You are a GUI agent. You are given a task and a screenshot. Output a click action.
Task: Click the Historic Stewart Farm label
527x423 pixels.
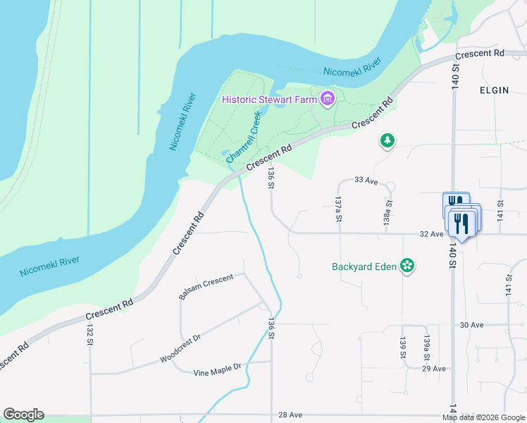click(270, 99)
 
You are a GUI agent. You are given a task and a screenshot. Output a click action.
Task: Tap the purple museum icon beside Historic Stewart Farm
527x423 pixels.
click(327, 99)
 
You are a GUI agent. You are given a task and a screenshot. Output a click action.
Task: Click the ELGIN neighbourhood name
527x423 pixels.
click(494, 90)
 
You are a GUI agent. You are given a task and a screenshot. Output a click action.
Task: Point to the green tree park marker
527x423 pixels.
click(387, 141)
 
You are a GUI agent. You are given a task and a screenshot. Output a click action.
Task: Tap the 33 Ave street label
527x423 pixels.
click(366, 181)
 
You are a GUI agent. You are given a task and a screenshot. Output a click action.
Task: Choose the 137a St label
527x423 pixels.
click(339, 209)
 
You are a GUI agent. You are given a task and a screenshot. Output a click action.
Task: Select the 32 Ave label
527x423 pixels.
click(430, 234)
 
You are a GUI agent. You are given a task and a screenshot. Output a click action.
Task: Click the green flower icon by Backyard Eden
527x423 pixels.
click(407, 266)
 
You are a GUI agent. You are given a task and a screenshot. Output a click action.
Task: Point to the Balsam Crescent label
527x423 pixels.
click(206, 287)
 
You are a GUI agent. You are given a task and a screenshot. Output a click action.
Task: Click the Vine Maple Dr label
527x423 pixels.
click(218, 367)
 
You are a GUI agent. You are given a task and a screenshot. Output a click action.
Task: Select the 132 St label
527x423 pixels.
click(90, 335)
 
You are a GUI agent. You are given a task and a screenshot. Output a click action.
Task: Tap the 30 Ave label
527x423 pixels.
click(471, 325)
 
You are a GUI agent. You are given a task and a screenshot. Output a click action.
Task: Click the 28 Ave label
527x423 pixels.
click(290, 415)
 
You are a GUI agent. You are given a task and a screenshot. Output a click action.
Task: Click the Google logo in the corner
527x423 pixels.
click(23, 415)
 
